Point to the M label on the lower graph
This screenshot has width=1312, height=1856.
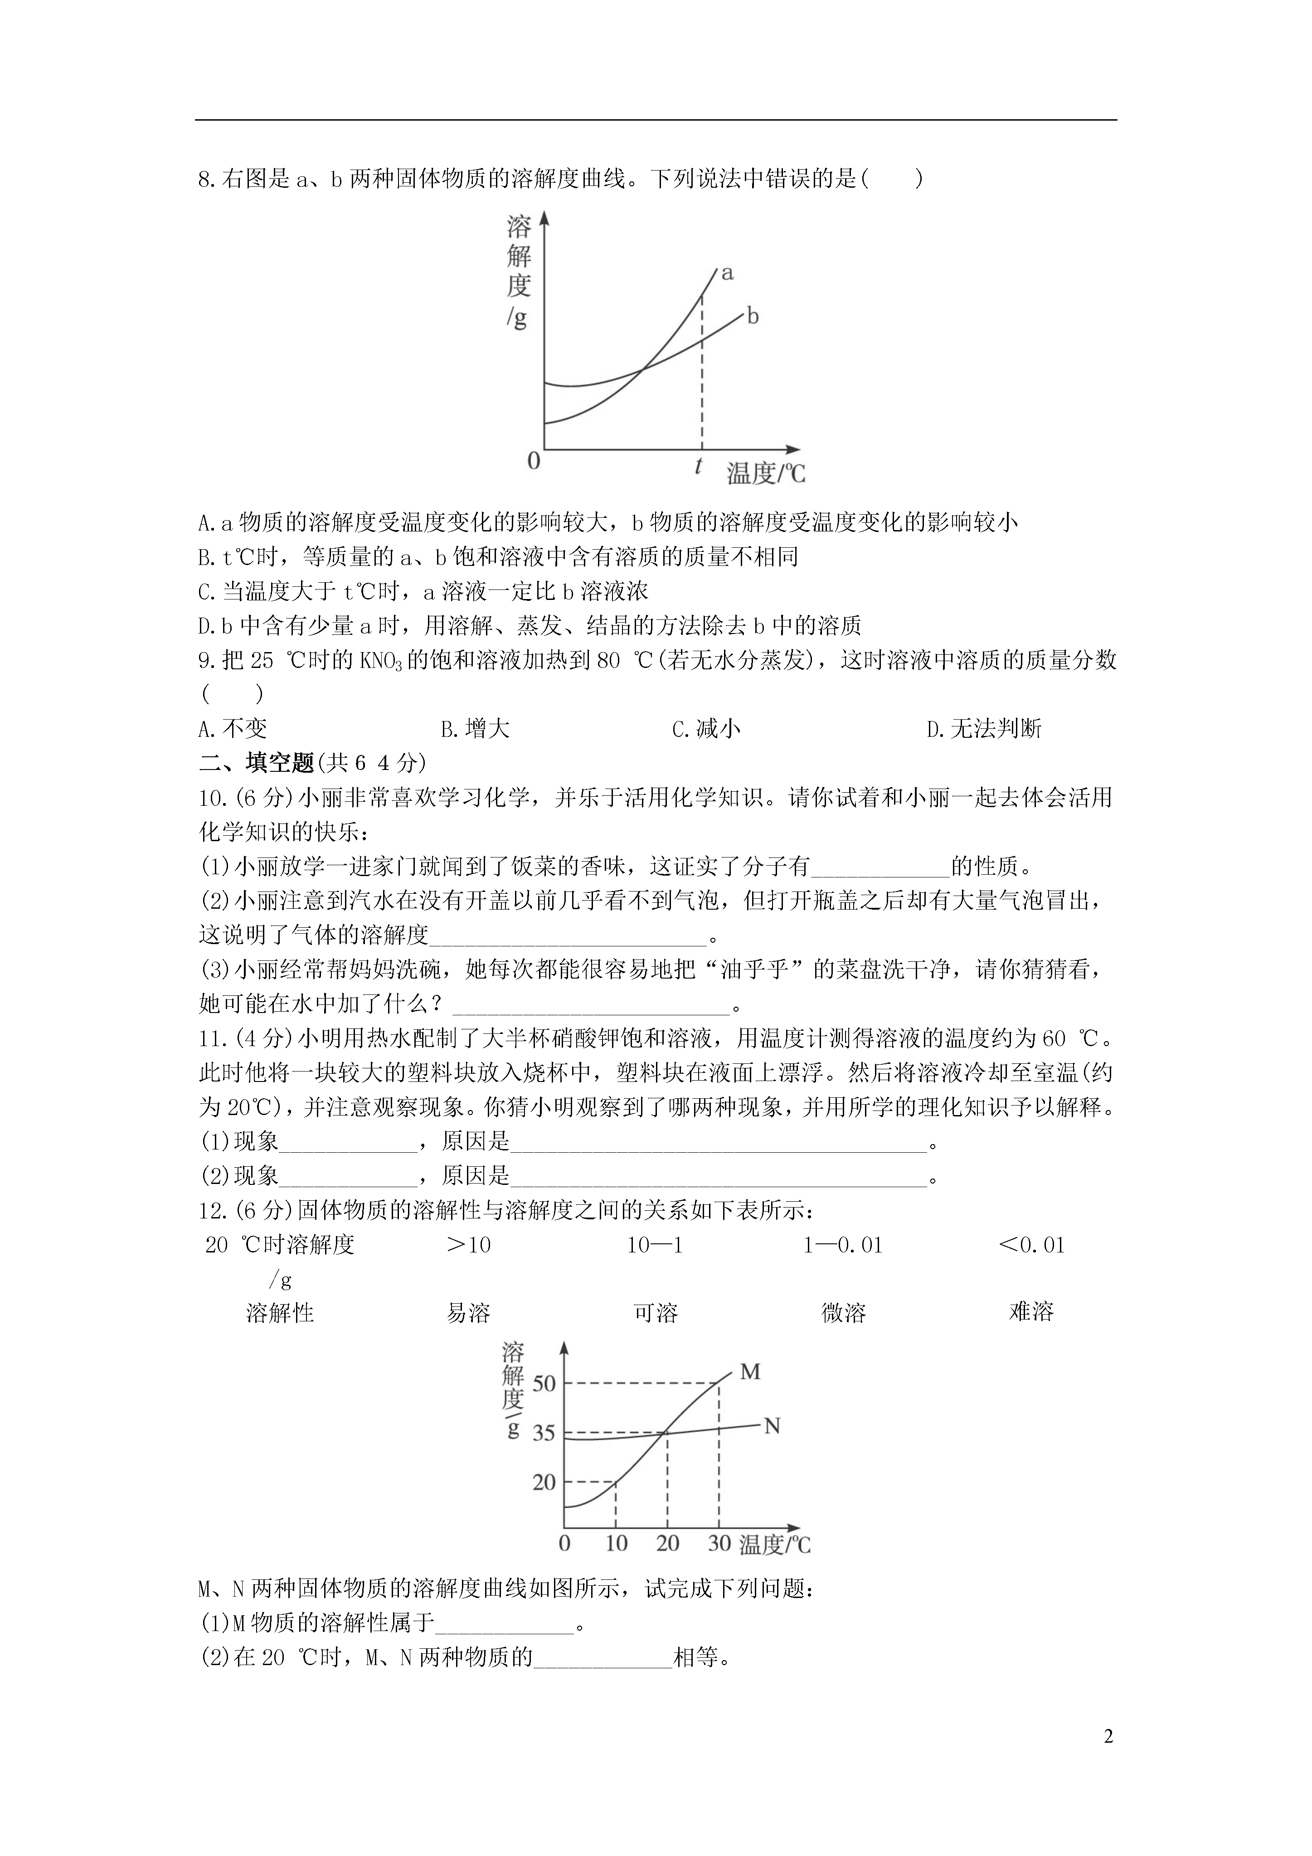tap(750, 1372)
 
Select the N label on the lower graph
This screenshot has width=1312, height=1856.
tap(772, 1426)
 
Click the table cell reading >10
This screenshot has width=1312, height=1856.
tap(469, 1245)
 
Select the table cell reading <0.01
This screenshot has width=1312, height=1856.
tap(1032, 1245)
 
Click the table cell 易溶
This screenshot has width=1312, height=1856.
tap(469, 1312)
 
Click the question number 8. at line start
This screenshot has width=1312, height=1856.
tap(209, 179)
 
